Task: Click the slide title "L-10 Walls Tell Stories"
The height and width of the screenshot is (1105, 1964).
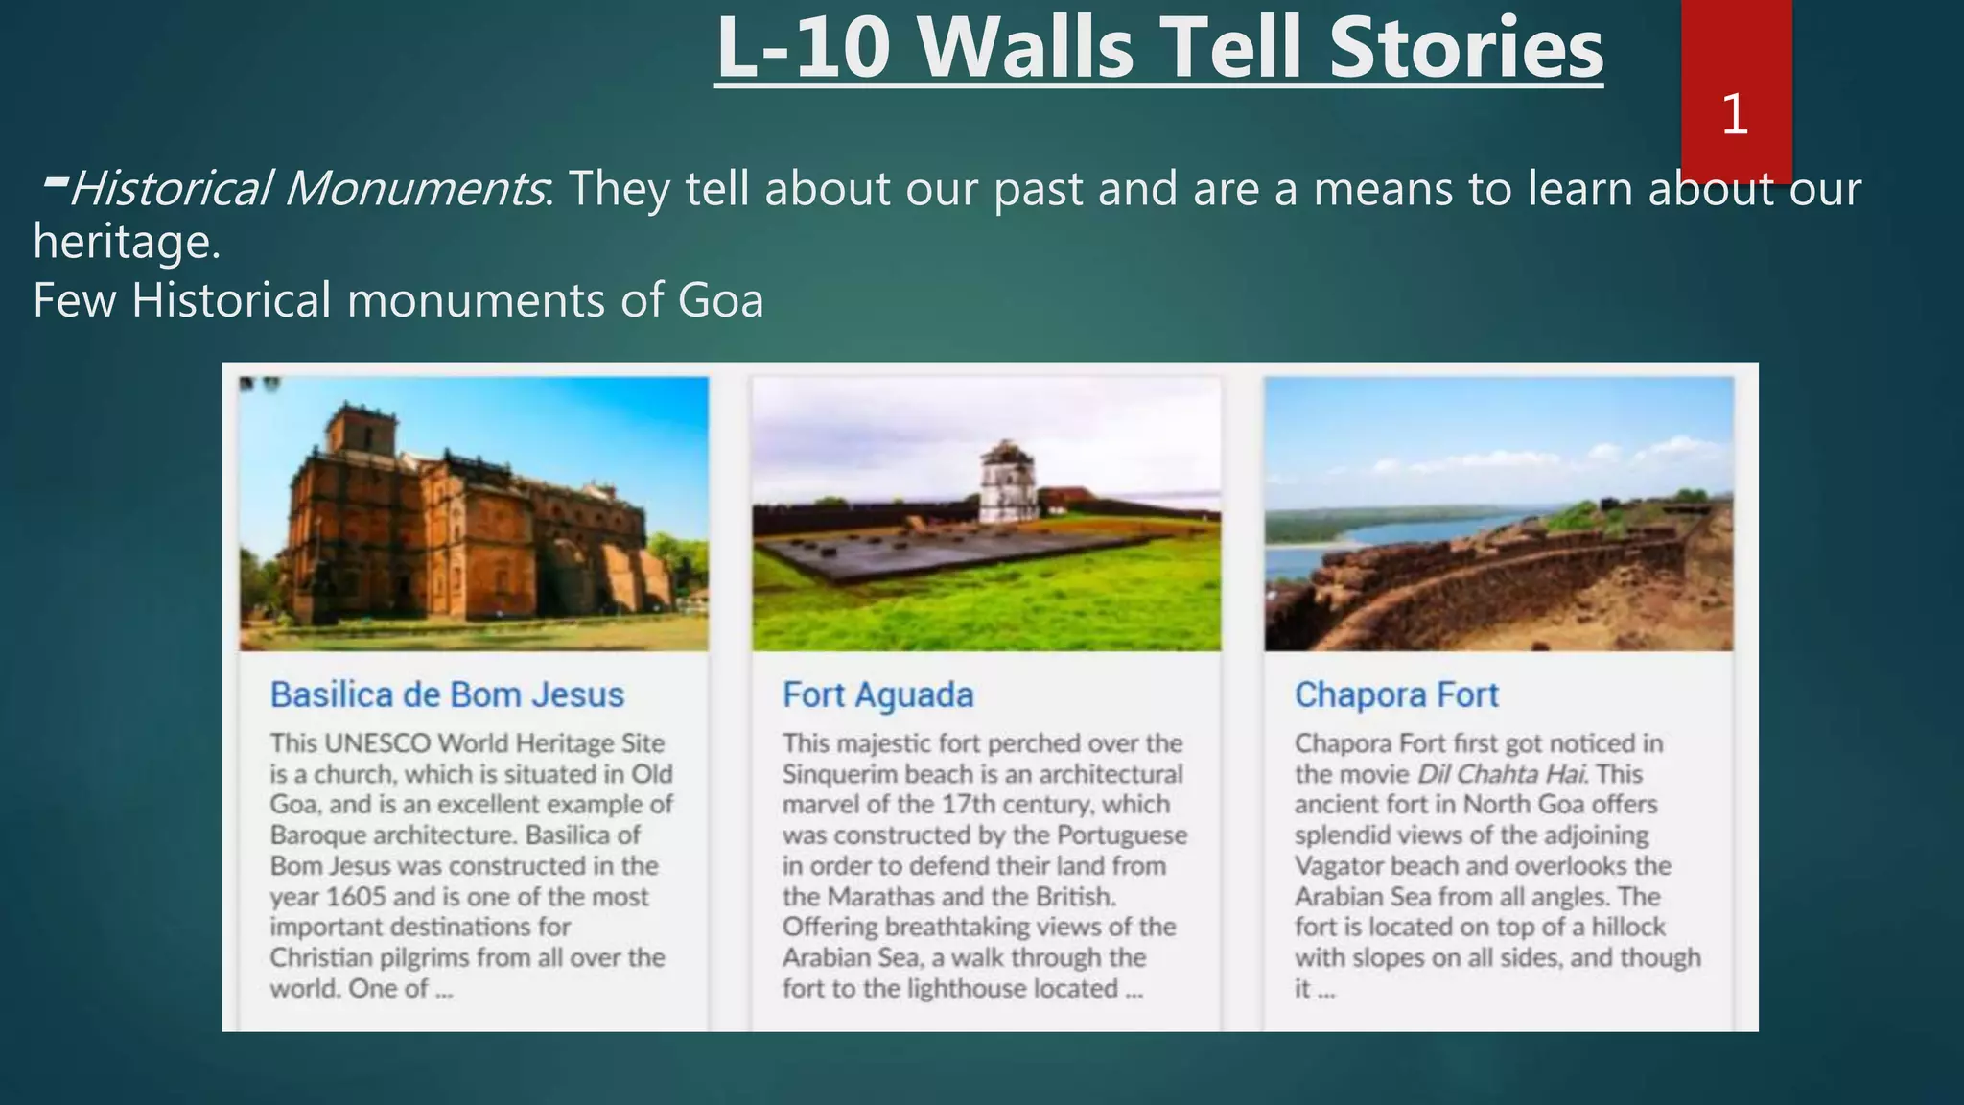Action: click(x=1158, y=48)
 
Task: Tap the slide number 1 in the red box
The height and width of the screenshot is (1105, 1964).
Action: click(x=1734, y=115)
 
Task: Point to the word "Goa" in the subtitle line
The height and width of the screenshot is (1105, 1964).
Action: click(x=720, y=300)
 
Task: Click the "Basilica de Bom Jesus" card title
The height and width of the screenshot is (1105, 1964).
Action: click(x=447, y=694)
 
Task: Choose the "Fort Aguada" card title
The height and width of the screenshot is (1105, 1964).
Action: click(x=877, y=694)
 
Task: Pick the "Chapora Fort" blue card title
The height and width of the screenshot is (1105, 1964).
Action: click(x=1395, y=694)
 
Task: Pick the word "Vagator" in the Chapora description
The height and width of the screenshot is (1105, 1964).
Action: click(x=1339, y=866)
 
